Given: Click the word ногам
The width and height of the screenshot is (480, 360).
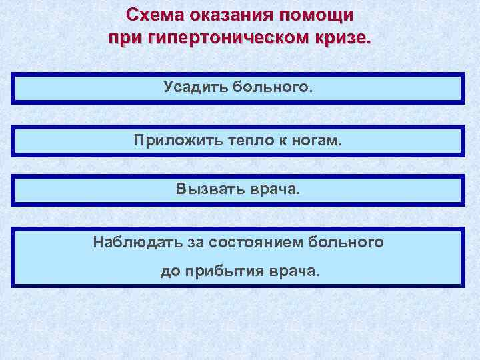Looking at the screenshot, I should (316, 141).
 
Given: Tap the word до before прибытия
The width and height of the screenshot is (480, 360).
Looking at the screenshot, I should (169, 272).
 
